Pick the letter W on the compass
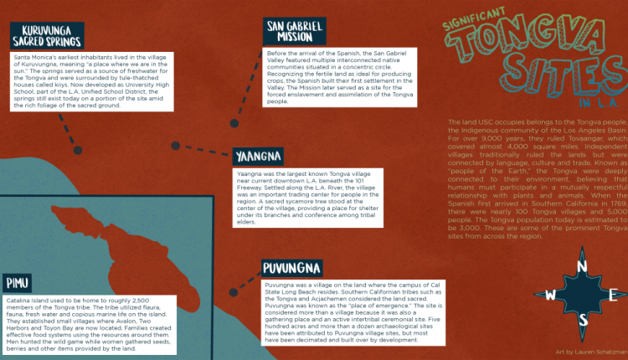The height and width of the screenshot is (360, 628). click(550, 295)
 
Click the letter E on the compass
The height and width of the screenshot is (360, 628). click(614, 294)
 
